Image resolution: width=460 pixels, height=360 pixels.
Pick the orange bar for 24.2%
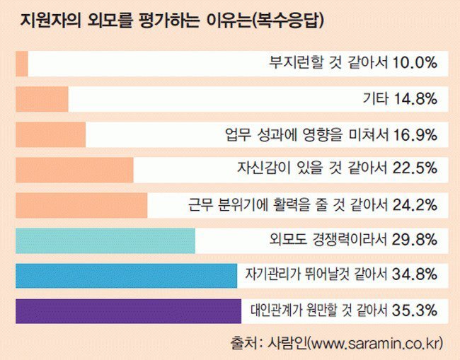(x=81, y=204)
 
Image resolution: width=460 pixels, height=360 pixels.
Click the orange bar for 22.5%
(x=74, y=169)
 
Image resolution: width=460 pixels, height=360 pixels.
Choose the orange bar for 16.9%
(x=50, y=134)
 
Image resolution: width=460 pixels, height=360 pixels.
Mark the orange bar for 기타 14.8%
(x=41, y=98)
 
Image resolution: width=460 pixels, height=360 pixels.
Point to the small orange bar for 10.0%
(x=21, y=63)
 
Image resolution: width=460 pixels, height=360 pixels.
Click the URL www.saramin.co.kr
(x=375, y=343)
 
